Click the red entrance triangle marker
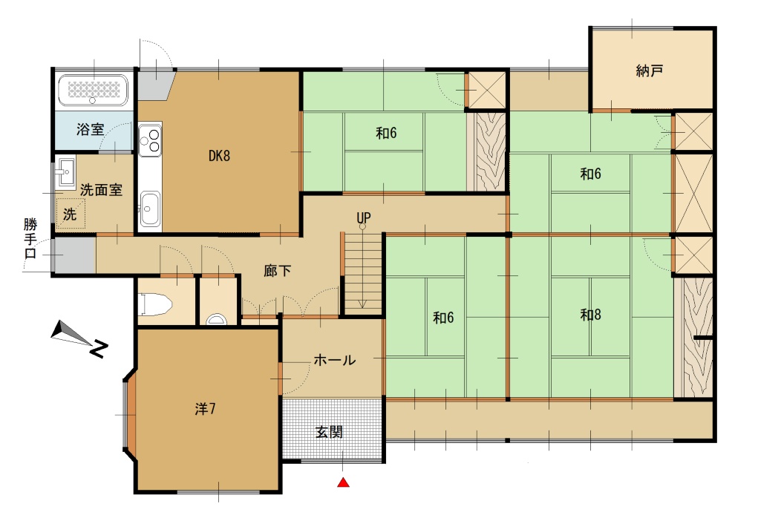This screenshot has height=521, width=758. (343, 482)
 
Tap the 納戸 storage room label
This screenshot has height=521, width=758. (649, 71)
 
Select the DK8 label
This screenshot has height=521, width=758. (219, 156)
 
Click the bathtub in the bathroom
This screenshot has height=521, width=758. (93, 90)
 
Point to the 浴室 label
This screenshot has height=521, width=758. (91, 129)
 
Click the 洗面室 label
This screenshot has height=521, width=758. (101, 190)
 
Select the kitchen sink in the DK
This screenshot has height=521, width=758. (150, 209)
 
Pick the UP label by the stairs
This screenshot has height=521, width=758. (364, 218)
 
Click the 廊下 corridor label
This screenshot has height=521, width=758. (277, 271)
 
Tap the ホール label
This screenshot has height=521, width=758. (335, 360)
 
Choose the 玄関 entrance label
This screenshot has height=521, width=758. (329, 432)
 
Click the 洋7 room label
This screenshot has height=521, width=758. (206, 409)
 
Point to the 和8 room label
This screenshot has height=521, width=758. (590, 315)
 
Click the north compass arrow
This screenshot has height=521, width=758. (73, 335)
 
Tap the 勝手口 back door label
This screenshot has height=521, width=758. (30, 238)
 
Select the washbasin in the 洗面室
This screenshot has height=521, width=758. (65, 171)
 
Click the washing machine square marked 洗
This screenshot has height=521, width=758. (71, 213)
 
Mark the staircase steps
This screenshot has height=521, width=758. (362, 273)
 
